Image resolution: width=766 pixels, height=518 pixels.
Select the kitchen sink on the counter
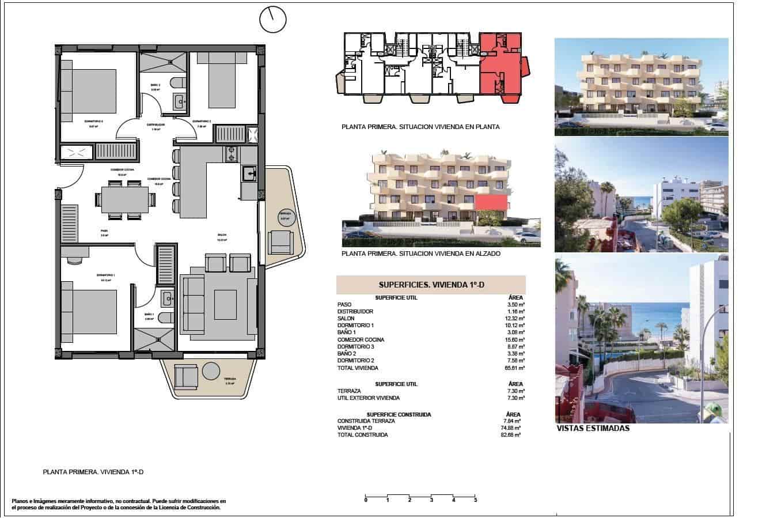coord(249,173)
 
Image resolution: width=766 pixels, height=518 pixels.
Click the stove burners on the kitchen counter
coord(231,154)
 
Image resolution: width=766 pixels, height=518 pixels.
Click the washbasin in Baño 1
coord(167,298)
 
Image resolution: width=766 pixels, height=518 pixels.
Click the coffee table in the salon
coord(225,304)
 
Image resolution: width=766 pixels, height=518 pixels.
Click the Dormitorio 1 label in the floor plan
coord(107,275)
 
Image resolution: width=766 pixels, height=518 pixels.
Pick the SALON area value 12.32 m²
coord(515,319)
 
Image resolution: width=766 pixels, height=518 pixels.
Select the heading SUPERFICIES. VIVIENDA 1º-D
coord(430,284)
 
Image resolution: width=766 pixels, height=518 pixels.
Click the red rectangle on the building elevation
coord(491,202)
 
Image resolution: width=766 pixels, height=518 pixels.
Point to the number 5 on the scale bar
coord(475,500)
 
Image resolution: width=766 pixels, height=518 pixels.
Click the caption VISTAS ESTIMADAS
coord(593,429)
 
